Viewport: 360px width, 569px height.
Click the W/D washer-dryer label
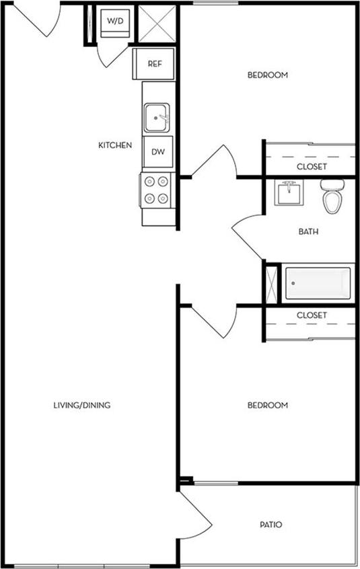tap(116, 22)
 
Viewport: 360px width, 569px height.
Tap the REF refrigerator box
tap(154, 64)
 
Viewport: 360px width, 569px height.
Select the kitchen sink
tap(158, 118)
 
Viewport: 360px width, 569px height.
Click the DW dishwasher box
tap(158, 151)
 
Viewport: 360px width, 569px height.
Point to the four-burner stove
tap(157, 190)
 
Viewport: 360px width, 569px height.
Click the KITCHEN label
tap(115, 145)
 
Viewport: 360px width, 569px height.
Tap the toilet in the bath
tap(331, 196)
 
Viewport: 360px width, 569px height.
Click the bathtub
tap(318, 284)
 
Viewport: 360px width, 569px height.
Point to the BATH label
tap(308, 232)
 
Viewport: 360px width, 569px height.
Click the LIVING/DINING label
tap(81, 406)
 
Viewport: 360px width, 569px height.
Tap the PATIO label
tap(271, 525)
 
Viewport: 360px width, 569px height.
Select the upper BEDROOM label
tap(268, 75)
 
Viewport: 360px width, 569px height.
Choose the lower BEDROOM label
tap(268, 406)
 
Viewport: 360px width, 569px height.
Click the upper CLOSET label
tap(312, 166)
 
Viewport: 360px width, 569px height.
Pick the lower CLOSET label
tap(312, 315)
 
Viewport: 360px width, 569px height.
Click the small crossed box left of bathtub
tap(272, 283)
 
